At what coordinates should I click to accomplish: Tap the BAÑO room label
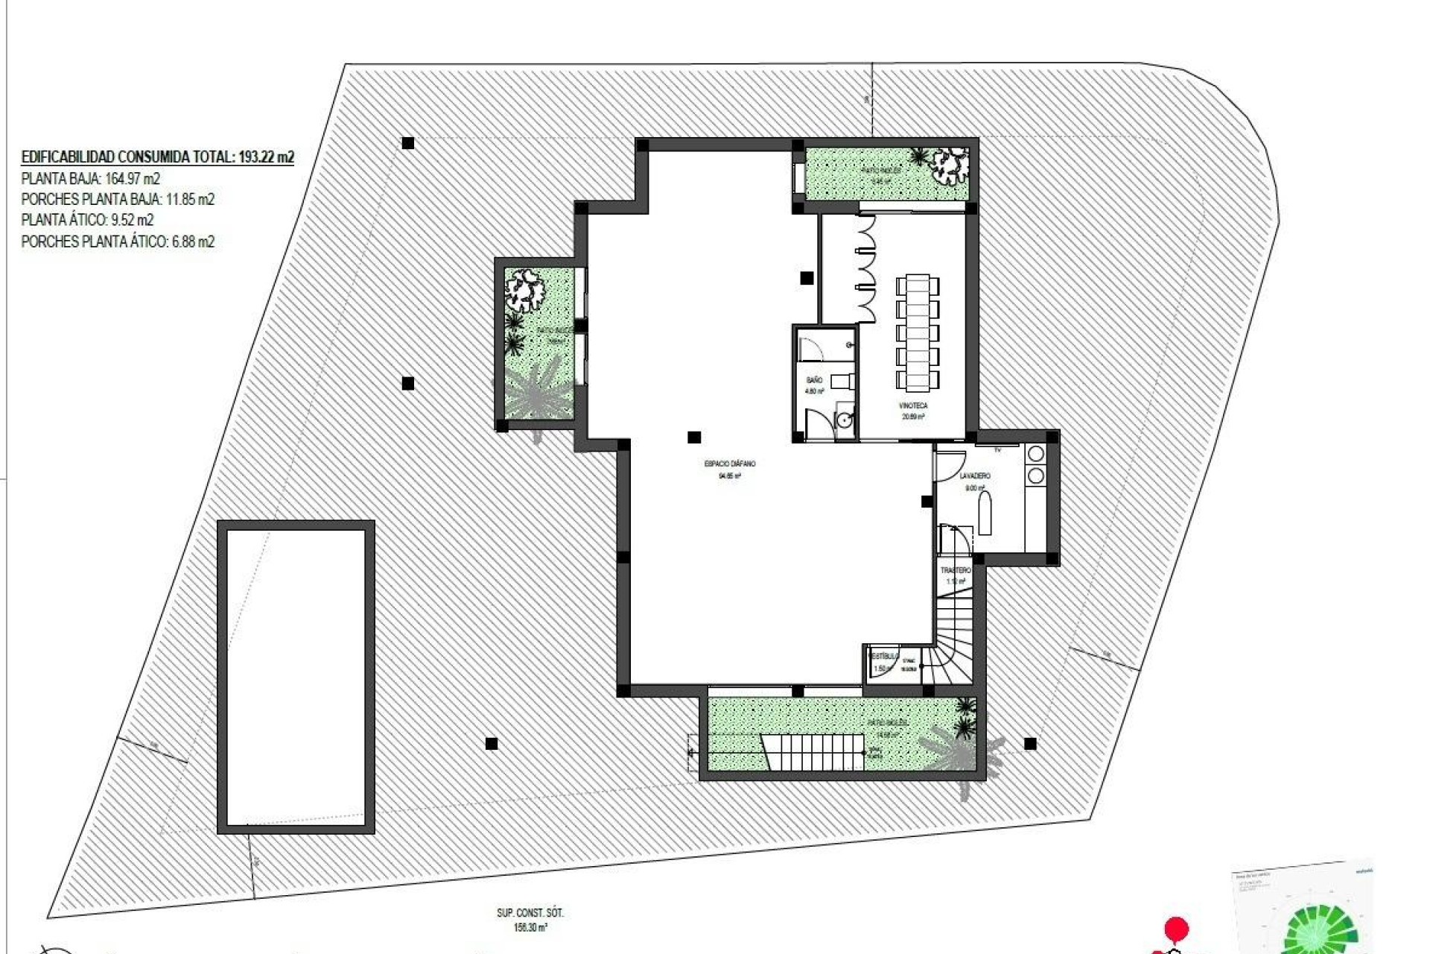[814, 380]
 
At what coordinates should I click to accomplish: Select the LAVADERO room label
[974, 476]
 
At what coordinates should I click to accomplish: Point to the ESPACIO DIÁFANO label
[729, 464]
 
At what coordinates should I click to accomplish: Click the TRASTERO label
[956, 570]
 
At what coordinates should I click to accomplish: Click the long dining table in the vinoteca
[918, 333]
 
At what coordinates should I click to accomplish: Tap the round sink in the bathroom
[844, 420]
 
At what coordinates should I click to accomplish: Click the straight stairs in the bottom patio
[813, 752]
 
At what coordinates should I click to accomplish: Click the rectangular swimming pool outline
[296, 677]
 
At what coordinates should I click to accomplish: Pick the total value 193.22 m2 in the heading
[266, 157]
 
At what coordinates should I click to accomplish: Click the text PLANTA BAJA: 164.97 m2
[91, 179]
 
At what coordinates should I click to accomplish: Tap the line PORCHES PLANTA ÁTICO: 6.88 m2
[118, 241]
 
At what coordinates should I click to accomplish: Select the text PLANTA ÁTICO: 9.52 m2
[87, 221]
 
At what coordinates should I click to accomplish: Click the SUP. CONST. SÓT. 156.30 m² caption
[530, 920]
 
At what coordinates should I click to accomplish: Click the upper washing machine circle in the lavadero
[1035, 454]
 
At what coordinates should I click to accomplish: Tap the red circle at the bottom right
[1176, 929]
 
